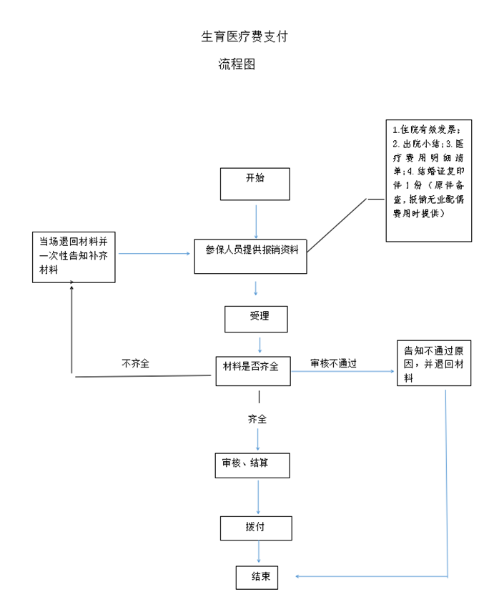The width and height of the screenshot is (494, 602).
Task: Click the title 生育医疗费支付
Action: [x=244, y=36]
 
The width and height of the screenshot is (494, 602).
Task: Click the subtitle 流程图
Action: [x=237, y=64]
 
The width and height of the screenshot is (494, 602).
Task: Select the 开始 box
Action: [x=255, y=184]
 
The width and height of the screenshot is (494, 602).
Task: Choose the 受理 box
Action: [x=256, y=320]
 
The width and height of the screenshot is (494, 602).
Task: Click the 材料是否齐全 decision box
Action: [x=253, y=370]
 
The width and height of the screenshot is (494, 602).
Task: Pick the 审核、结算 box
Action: [x=252, y=465]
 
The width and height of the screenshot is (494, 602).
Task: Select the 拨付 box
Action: [x=255, y=528]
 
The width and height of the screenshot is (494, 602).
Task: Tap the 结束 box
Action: [x=257, y=577]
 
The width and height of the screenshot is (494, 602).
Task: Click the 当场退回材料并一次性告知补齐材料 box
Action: [x=74, y=257]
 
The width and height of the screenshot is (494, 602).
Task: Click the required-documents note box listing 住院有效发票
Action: [x=429, y=180]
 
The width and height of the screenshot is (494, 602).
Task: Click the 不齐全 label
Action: [x=136, y=363]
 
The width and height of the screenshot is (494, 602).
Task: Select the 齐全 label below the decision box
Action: [x=258, y=420]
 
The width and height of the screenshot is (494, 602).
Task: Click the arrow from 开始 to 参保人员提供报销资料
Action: [x=256, y=218]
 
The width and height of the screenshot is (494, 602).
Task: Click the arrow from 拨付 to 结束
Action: [x=258, y=552]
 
